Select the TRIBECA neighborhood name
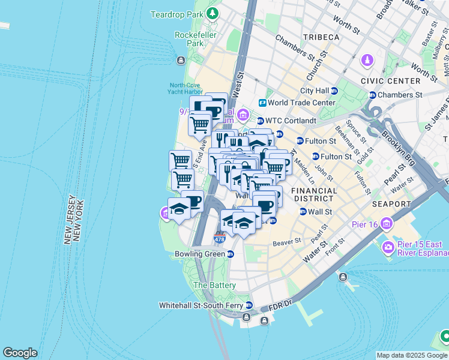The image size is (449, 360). click(x=321, y=37)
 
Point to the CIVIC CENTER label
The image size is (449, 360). click(x=391, y=80)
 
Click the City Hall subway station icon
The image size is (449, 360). click(x=334, y=91)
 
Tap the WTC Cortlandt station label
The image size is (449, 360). click(x=291, y=121)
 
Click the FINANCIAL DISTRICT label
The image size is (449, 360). click(x=312, y=194)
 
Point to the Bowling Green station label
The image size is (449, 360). click(x=199, y=254)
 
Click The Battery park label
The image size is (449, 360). click(x=214, y=286)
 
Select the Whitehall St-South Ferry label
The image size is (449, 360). click(x=201, y=305)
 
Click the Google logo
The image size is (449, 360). click(x=20, y=353)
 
